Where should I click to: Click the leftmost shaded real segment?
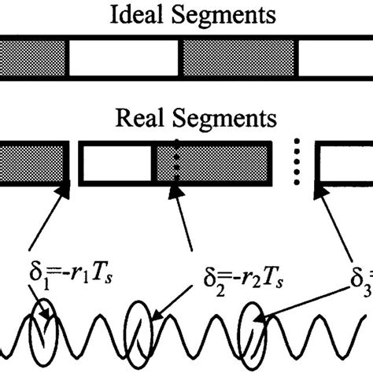pos(31,164)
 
